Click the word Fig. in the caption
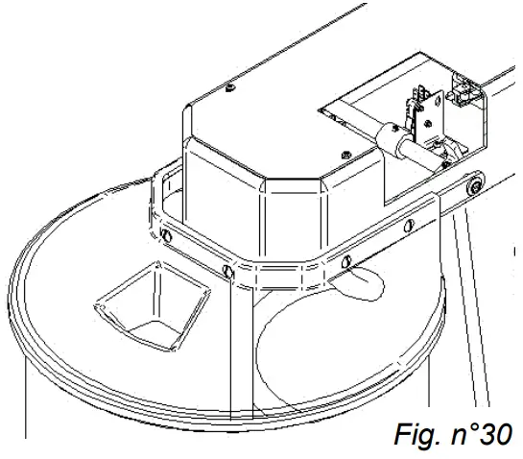point(417,434)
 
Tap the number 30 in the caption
point(497,434)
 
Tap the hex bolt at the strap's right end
point(472,186)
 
